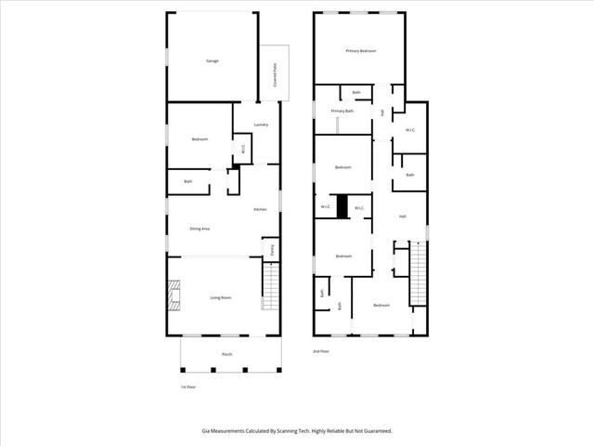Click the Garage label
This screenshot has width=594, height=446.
(x=212, y=60)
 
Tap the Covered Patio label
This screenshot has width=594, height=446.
(x=276, y=74)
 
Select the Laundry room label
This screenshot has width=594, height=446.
(x=261, y=125)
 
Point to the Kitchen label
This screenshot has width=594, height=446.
(x=261, y=209)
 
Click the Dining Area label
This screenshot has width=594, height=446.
(x=200, y=228)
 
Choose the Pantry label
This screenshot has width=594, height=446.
(x=272, y=249)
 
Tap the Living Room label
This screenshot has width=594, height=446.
(x=220, y=297)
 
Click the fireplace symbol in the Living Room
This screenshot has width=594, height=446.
(x=174, y=295)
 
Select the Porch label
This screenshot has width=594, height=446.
(x=226, y=354)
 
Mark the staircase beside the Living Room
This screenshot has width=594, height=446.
(x=271, y=287)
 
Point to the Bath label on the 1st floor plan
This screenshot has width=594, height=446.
(x=187, y=181)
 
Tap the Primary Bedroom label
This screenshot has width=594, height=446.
(x=360, y=51)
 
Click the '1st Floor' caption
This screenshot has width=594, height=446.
(x=187, y=386)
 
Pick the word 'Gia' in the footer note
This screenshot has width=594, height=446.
(x=205, y=430)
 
